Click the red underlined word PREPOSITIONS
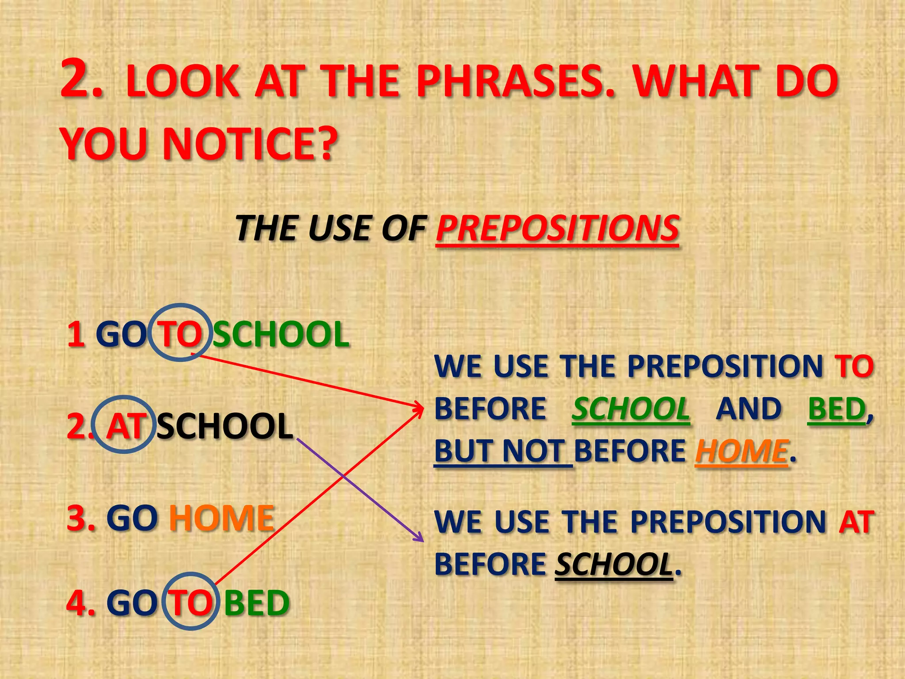coord(557,229)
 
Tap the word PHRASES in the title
coord(515,82)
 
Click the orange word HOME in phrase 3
coord(222,518)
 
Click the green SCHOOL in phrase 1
coord(281,334)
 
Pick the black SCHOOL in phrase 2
coord(224,426)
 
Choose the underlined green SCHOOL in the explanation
coord(631,408)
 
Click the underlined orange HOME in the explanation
coord(741,451)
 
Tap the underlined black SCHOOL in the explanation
coord(614,565)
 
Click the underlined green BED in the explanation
coord(836,408)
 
